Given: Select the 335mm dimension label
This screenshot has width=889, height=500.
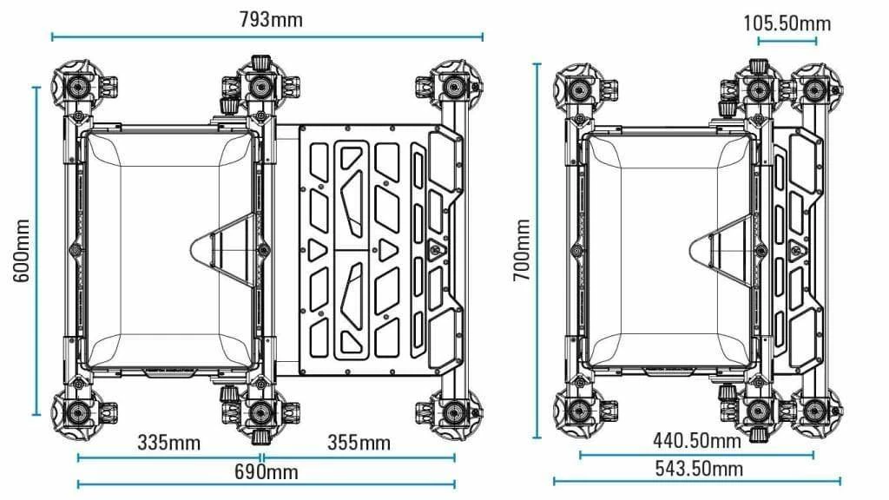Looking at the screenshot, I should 168,443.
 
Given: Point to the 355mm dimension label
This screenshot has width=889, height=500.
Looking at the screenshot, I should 359,443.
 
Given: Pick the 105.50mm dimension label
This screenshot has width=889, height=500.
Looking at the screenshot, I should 787,23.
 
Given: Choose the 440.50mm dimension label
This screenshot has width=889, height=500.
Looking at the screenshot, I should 697,440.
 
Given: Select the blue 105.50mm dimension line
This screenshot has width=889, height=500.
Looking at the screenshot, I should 787,41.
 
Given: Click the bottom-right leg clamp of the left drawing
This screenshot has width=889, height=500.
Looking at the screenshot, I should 453,411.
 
